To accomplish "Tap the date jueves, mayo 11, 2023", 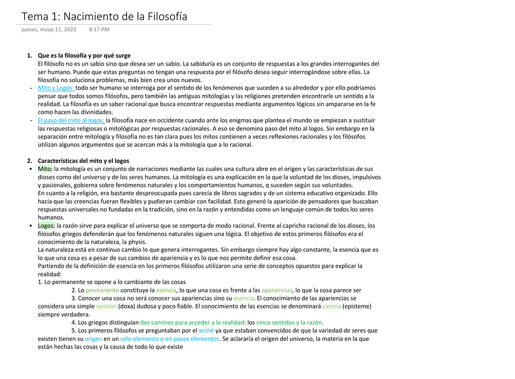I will tap(49, 29).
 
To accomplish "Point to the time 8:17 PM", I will tap(99, 29).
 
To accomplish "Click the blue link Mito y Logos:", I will tap(56, 88).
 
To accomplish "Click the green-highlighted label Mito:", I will tap(45, 169).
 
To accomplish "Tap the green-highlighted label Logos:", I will tap(46, 226).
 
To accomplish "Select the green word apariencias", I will tap(277, 290).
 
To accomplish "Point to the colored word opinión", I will tap(106, 306).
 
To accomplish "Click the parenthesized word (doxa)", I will tap(130, 306).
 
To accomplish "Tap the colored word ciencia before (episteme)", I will tap(331, 306).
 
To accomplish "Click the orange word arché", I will tap(206, 330).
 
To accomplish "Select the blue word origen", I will tap(93, 339).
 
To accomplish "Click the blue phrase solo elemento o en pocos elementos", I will tap(169, 339).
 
